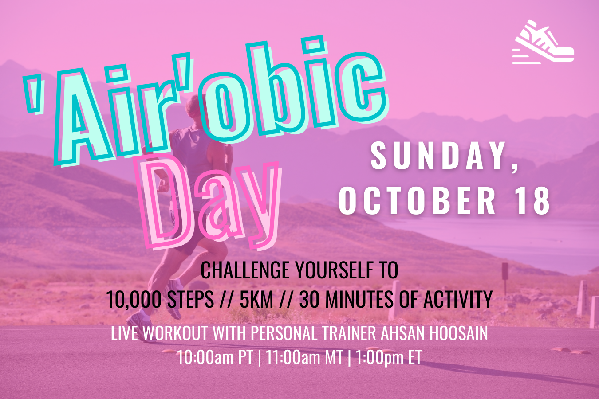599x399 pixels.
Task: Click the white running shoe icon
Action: [543, 43]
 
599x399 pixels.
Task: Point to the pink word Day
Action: [211, 203]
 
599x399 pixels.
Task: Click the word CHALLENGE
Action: [245, 270]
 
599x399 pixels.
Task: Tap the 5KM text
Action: [256, 299]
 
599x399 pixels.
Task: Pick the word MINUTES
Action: [359, 299]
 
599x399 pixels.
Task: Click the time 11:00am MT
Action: [304, 357]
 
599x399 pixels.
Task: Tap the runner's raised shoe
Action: [173, 298]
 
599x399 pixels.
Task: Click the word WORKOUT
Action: [175, 333]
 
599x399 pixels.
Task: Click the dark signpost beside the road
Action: [505, 278]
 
